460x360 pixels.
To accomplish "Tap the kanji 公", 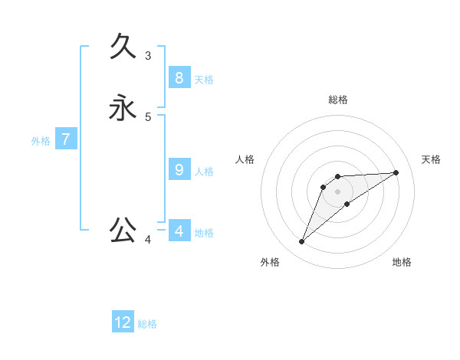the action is pos(123,229).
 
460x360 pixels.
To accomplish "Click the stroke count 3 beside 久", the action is pos(148,55).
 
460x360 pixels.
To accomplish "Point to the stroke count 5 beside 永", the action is pos(148,116).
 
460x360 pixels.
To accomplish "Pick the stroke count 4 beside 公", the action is pos(148,240).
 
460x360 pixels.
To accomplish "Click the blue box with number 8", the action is pos(179,77).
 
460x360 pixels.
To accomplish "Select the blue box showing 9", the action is pos(179,169).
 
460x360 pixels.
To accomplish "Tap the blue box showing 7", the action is pos(66,139).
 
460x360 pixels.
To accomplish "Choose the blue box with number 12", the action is pos(123,322).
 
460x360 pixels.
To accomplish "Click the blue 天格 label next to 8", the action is pos(204,80).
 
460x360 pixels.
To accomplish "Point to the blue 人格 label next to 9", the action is pos(204,172).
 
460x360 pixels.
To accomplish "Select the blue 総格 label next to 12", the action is pos(147,324).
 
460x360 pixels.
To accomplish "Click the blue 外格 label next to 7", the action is pos(41,141).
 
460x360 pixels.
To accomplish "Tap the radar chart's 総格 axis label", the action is pos(338,100).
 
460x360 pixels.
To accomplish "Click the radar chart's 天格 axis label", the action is pos(431,159).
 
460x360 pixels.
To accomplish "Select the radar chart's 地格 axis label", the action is pos(402,262).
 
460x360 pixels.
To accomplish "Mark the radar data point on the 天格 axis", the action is pos(396,172).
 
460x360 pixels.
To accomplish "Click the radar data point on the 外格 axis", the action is pos(302,242).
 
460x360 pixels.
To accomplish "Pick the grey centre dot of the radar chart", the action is pos(338,191).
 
